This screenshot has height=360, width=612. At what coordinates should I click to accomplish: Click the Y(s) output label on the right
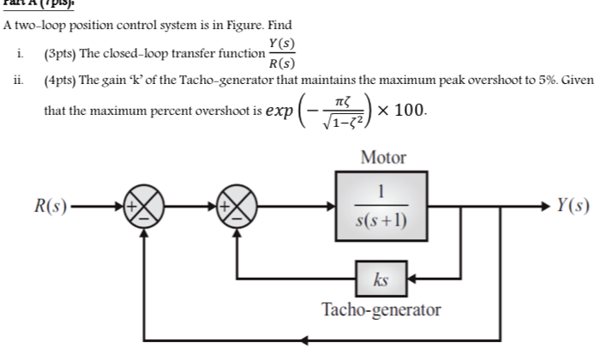point(572,207)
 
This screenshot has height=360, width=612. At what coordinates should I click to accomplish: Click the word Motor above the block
point(383,158)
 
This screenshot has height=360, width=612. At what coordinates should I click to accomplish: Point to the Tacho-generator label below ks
point(381,309)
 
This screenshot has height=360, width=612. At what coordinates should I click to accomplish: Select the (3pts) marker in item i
point(59,53)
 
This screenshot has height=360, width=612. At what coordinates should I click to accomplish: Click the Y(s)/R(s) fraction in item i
point(283,52)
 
